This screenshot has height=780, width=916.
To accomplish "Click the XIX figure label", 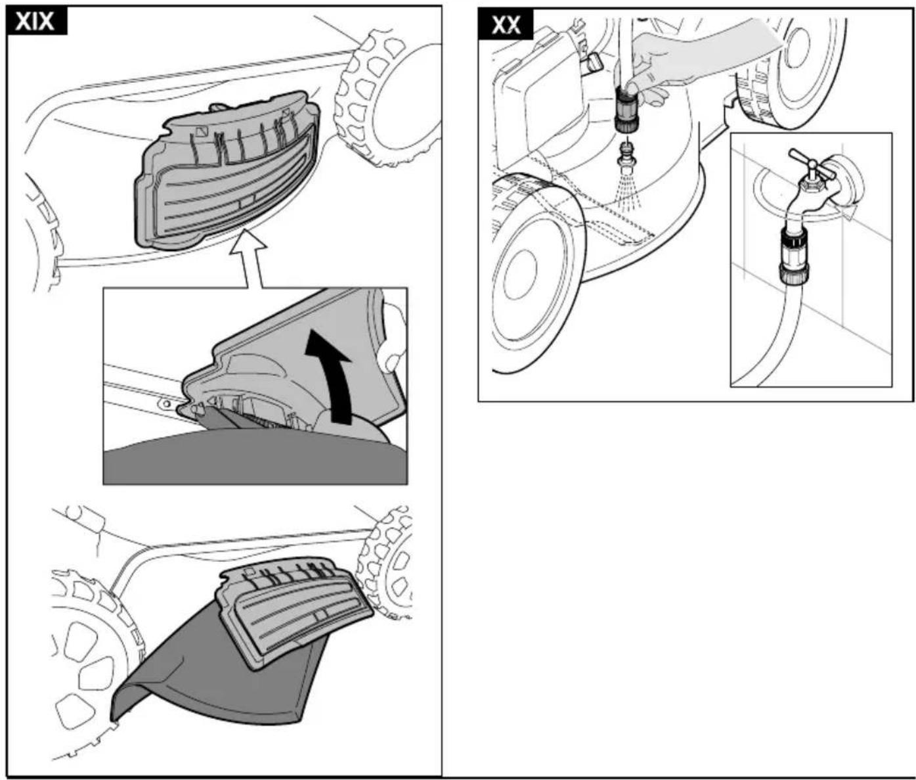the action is point(36,22).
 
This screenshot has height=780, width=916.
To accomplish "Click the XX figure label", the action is point(506,25).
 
